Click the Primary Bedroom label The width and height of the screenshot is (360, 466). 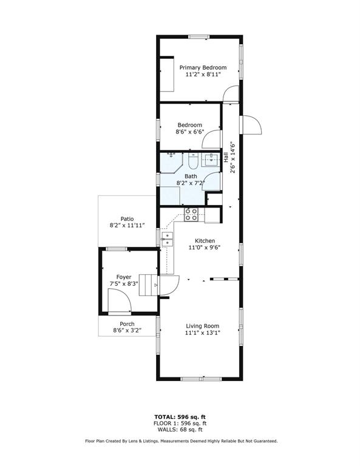[x=203, y=68]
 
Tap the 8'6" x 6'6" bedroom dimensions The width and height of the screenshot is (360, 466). [x=190, y=132]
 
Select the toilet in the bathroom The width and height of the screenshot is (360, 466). [x=193, y=160]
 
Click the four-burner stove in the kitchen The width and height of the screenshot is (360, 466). [x=191, y=214]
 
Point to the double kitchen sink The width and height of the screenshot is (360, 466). [x=167, y=240]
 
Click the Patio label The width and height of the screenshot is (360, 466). [x=127, y=219]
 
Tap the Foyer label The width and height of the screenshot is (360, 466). [x=124, y=277]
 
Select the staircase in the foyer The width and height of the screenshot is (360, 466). [x=149, y=285]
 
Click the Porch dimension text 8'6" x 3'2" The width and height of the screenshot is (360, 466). [x=127, y=330]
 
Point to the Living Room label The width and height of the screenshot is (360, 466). [x=202, y=326]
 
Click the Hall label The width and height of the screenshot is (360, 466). [x=226, y=157]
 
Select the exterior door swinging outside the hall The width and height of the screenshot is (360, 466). [x=252, y=125]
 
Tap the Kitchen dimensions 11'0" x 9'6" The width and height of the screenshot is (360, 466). [x=205, y=248]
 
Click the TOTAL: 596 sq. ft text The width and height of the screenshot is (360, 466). [x=180, y=417]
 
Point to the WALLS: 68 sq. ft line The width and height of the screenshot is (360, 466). [x=180, y=430]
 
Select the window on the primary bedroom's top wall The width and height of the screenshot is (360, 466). [x=199, y=37]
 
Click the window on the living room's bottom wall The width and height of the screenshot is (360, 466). [x=202, y=379]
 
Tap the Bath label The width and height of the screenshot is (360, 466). [x=191, y=177]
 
